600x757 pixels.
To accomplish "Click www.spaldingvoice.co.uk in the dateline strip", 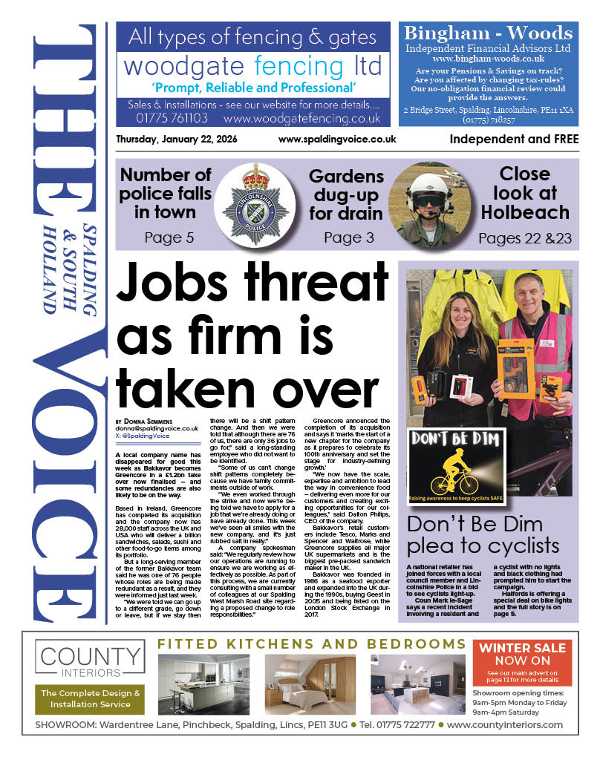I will [337, 140].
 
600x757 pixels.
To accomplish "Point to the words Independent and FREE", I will [514, 140].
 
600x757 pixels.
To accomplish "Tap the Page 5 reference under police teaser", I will [167, 237].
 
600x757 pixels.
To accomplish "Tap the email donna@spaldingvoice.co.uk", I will [157, 428].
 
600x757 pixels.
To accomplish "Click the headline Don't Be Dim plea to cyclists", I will [483, 534].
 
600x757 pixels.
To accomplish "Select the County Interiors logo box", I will [90, 661].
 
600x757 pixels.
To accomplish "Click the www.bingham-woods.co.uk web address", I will [489, 59].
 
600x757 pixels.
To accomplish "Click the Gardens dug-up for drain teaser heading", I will [346, 195].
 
